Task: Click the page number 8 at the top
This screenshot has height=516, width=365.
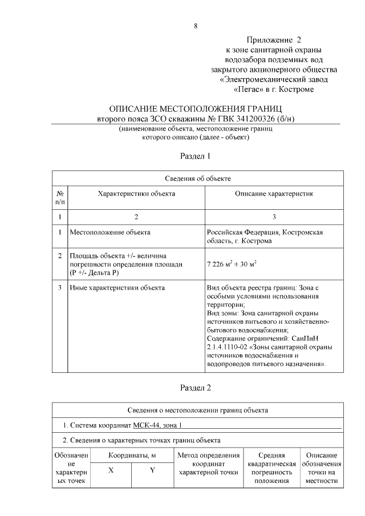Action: [x=196, y=26]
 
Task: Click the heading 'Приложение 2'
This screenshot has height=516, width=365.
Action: [x=273, y=40]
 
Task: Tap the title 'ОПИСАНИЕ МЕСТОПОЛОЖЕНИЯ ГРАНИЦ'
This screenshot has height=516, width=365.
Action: [x=196, y=109]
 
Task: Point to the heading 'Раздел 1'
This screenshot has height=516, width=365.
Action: [x=196, y=155]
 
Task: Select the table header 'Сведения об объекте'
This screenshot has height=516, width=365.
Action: [x=197, y=178]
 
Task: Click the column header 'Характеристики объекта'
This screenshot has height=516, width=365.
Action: [x=136, y=194]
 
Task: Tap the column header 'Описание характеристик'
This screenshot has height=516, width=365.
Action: [x=274, y=194]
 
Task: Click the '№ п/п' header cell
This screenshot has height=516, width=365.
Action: [x=60, y=197]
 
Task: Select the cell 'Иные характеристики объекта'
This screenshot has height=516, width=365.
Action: [x=117, y=287]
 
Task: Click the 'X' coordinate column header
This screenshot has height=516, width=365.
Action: [x=111, y=470]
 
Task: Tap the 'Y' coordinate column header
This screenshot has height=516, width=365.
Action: [x=152, y=470]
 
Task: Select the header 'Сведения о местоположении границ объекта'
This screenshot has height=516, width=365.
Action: [x=197, y=410]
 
